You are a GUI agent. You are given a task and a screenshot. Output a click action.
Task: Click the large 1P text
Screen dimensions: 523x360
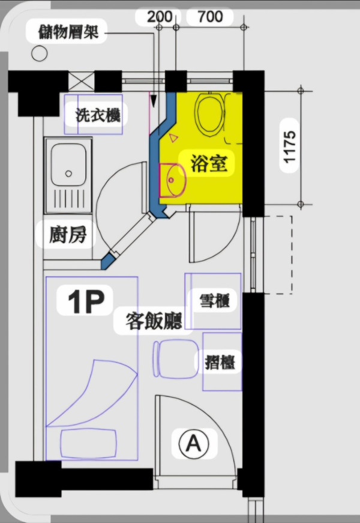click(86, 302)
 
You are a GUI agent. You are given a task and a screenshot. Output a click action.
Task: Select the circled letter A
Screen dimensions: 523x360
click(193, 444)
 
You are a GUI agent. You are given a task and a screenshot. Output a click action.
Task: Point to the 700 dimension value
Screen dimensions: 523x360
click(210, 16)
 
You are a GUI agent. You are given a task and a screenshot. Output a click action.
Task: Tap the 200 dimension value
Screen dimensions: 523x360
click(159, 16)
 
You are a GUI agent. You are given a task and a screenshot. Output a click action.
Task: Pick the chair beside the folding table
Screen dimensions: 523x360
click(175, 360)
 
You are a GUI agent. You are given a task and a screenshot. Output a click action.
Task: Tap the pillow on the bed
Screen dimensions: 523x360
click(89, 443)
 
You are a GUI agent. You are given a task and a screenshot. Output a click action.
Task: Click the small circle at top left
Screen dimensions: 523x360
click(39, 53)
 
